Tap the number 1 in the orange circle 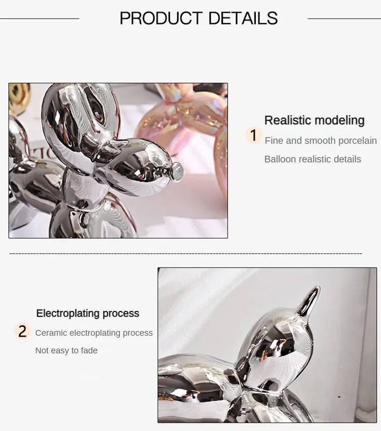pos(253,136)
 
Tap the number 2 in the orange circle pos(22,331)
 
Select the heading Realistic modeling pos(314,120)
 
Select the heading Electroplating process pos(88,313)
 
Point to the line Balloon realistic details pos(312,159)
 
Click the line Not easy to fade pos(66,351)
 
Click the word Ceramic pos(50,333)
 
